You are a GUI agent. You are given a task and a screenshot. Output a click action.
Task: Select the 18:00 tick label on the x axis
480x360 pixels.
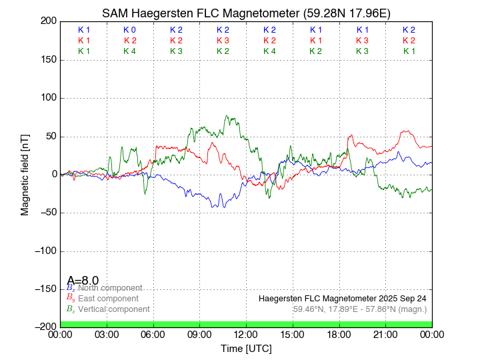(339, 335)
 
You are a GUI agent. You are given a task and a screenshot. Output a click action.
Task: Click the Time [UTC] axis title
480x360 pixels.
(246, 349)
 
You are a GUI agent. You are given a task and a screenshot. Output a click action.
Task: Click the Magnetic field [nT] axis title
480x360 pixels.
(25, 173)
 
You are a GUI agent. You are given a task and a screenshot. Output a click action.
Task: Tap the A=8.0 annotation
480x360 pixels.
(83, 281)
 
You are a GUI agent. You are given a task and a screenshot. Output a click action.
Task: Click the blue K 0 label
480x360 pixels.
(130, 30)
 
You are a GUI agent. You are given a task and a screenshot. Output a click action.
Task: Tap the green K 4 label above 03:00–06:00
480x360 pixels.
(130, 51)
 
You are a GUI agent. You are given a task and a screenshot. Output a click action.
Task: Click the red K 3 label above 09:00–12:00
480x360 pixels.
(223, 41)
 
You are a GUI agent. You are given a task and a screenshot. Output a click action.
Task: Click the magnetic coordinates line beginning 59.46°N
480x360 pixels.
(360, 309)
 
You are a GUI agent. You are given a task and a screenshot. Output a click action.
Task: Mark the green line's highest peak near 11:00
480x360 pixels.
(227, 116)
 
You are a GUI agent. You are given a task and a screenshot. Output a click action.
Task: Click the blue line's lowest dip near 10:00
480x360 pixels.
(213, 207)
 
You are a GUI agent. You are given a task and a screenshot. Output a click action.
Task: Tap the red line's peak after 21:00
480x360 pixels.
(405, 131)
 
